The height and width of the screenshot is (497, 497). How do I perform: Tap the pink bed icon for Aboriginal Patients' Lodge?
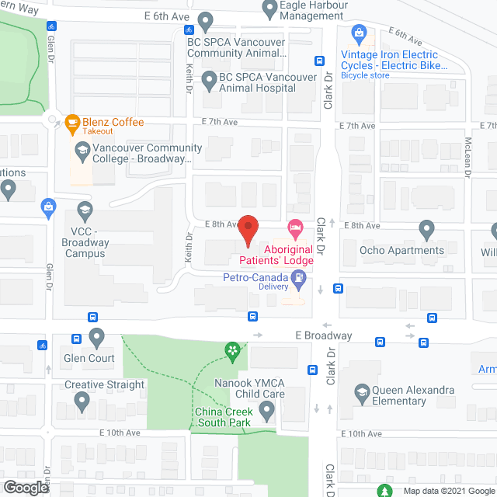[x=295, y=228]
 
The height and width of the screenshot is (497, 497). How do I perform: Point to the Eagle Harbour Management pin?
[x=270, y=10]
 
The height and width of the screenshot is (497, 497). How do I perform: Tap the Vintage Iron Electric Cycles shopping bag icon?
[x=359, y=33]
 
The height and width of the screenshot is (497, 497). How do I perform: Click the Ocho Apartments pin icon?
[x=426, y=229]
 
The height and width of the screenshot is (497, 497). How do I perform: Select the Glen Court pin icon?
[x=97, y=337]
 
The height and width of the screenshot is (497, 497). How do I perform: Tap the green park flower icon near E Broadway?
[x=231, y=353]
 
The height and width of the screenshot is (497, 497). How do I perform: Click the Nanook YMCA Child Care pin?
[x=268, y=409]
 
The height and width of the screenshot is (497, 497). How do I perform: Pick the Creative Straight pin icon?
[x=82, y=401]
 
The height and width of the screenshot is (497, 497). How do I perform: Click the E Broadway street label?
[x=324, y=335]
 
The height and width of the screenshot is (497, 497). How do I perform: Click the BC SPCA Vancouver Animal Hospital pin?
[x=209, y=79]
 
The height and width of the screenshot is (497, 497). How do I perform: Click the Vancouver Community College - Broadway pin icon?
[x=82, y=149]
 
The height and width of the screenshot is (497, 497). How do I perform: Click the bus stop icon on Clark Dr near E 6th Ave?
[x=319, y=61]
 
